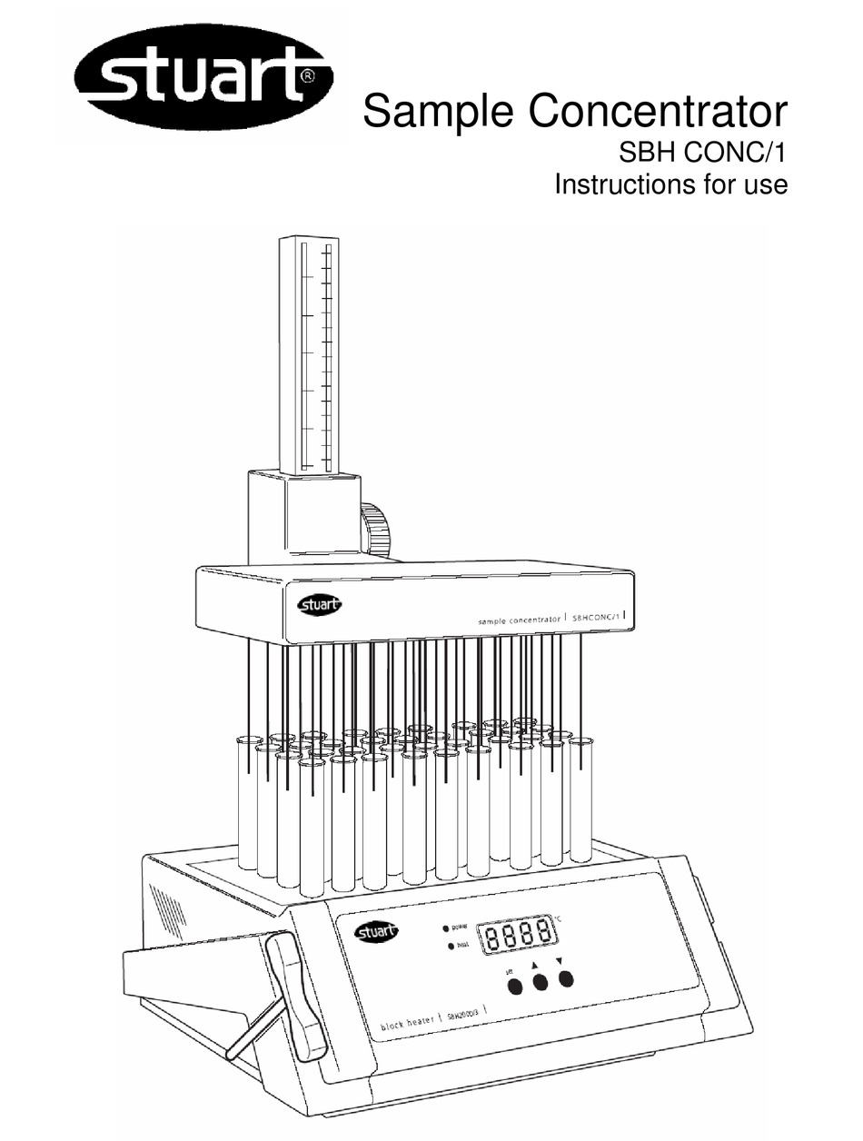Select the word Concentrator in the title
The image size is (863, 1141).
(x=657, y=114)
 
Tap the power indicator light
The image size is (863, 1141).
(x=445, y=928)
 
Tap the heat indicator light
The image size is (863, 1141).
(x=451, y=948)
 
